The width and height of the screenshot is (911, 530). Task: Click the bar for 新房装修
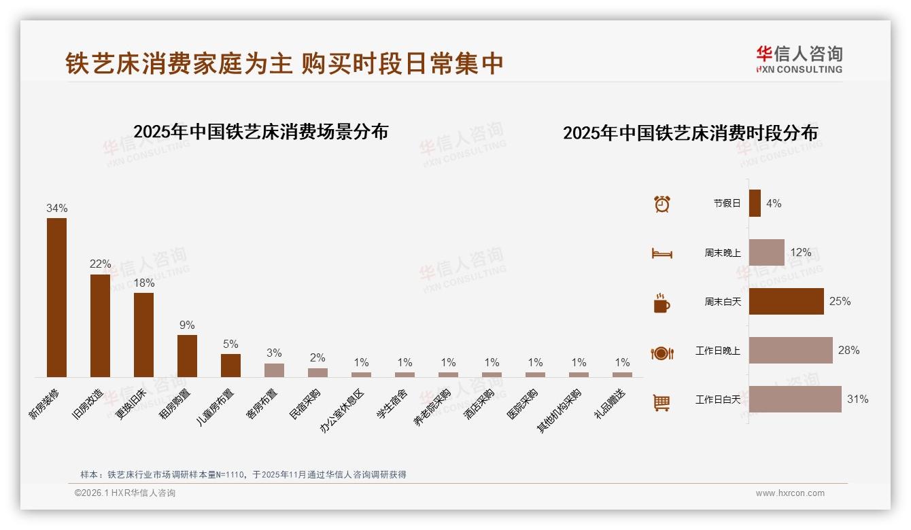[x=56, y=298]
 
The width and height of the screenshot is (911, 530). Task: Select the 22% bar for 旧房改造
[x=100, y=325]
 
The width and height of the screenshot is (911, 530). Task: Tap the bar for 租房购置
[x=187, y=356]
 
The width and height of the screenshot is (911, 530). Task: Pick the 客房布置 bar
[x=274, y=370]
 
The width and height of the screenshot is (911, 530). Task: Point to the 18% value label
[x=144, y=283]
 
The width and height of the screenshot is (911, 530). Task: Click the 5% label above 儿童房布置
[x=230, y=344]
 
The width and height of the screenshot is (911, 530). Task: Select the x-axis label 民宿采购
[x=305, y=404]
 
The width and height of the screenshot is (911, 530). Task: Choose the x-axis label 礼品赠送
[x=610, y=404]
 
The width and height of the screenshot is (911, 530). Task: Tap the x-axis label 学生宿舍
[x=392, y=404]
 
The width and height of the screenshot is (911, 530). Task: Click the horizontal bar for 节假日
[x=755, y=203]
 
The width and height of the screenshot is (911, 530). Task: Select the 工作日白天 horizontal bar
[x=795, y=400]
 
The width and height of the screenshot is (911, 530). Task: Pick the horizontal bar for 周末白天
[x=786, y=301]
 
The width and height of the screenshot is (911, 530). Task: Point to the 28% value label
[x=848, y=351]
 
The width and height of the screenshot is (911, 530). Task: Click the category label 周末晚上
[x=723, y=253]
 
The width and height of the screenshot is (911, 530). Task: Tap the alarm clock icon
[x=661, y=204]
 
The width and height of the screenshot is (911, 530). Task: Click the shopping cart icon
[x=661, y=402]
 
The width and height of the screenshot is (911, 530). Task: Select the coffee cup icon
[x=661, y=303]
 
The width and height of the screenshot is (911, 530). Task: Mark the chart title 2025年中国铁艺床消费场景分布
[x=260, y=132]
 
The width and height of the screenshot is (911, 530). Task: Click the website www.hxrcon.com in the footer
[x=790, y=493]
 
